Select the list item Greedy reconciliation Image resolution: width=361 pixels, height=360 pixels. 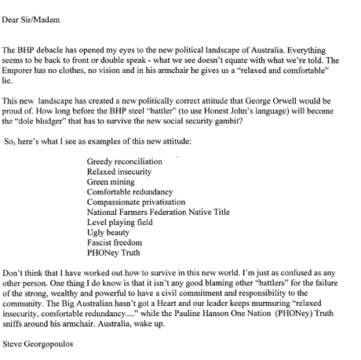coord(125,161)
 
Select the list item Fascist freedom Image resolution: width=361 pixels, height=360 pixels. coord(118,242)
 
